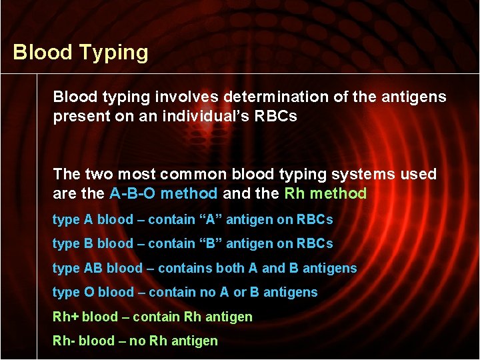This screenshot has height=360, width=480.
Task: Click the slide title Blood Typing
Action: coord(81,53)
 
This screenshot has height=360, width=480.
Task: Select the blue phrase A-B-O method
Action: coord(163,194)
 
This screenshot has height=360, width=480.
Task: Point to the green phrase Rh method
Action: coord(325,194)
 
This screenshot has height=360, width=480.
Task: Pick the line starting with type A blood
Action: coord(192,219)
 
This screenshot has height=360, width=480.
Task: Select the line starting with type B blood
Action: coord(192,244)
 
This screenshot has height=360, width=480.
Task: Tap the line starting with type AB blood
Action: coord(204,268)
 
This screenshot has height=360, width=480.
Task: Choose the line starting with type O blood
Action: coord(185,292)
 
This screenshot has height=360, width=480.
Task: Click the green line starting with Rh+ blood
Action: coord(152,317)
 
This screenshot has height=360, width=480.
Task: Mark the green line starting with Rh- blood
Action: coord(135,341)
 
